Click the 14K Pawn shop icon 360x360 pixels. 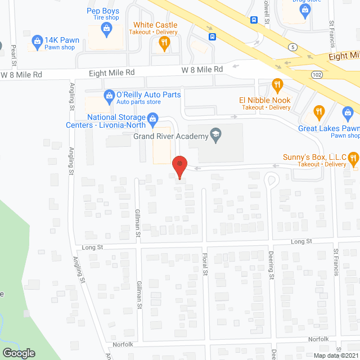coord(38,41)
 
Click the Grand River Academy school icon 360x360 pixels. coord(214,134)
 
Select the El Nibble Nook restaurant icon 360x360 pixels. coord(277,85)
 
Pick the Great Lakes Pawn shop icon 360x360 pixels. coord(319,112)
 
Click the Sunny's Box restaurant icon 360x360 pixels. coord(353,159)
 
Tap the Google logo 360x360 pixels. coord(19,353)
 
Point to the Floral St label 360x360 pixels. coord(205,264)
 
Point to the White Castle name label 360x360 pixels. coord(155,25)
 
